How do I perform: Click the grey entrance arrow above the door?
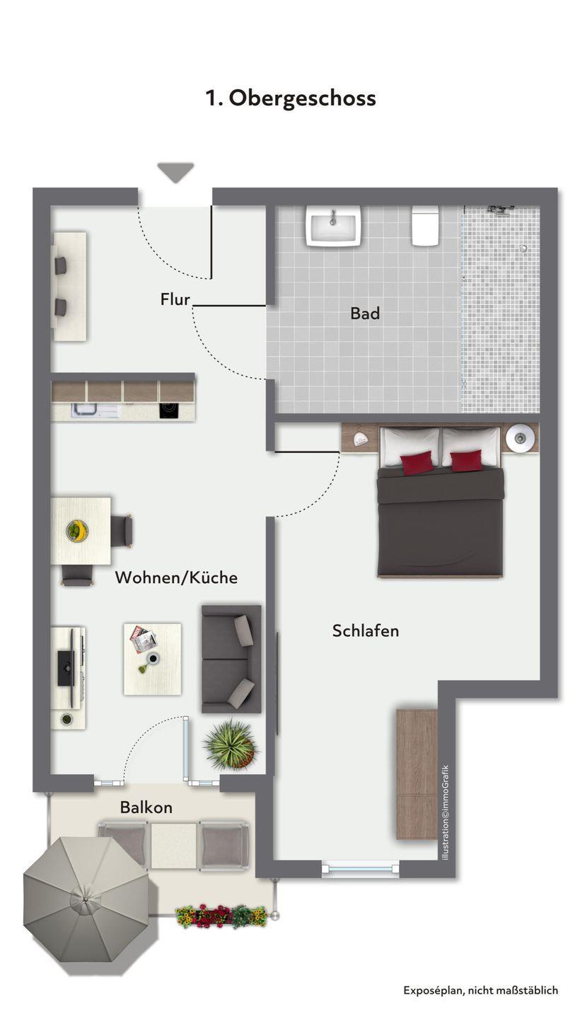[x=176, y=173]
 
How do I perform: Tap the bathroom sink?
[x=334, y=226]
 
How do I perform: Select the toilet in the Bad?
[x=426, y=226]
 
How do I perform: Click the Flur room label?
[x=175, y=299]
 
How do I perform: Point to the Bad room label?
[x=364, y=313]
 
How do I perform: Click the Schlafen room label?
[x=366, y=631]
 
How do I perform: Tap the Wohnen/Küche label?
[x=176, y=577]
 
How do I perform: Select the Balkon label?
[x=146, y=807]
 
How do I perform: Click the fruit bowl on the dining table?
[x=78, y=531]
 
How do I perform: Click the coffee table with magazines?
[x=152, y=660]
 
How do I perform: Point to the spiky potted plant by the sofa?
[x=231, y=745]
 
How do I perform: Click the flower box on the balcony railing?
[x=221, y=916]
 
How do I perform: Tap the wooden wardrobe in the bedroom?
[x=417, y=774]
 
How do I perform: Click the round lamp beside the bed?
[x=521, y=437]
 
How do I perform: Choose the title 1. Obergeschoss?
[x=291, y=98]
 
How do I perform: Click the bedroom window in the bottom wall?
[x=361, y=869]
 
